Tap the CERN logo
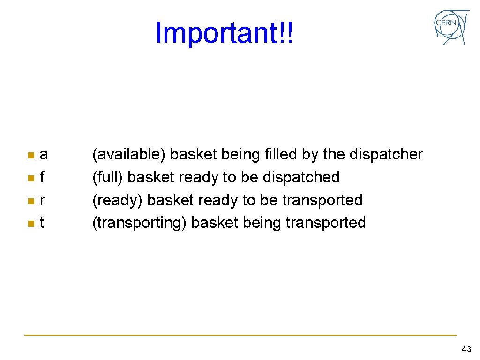point(451,27)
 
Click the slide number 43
point(466,349)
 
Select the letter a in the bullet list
point(44,154)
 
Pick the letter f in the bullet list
point(43,177)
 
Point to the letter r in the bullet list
point(43,200)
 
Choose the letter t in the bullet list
point(42,223)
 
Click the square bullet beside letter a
point(30,155)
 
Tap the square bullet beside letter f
point(30,178)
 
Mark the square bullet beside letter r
point(30,201)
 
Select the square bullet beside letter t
point(30,223)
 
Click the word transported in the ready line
point(322,200)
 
